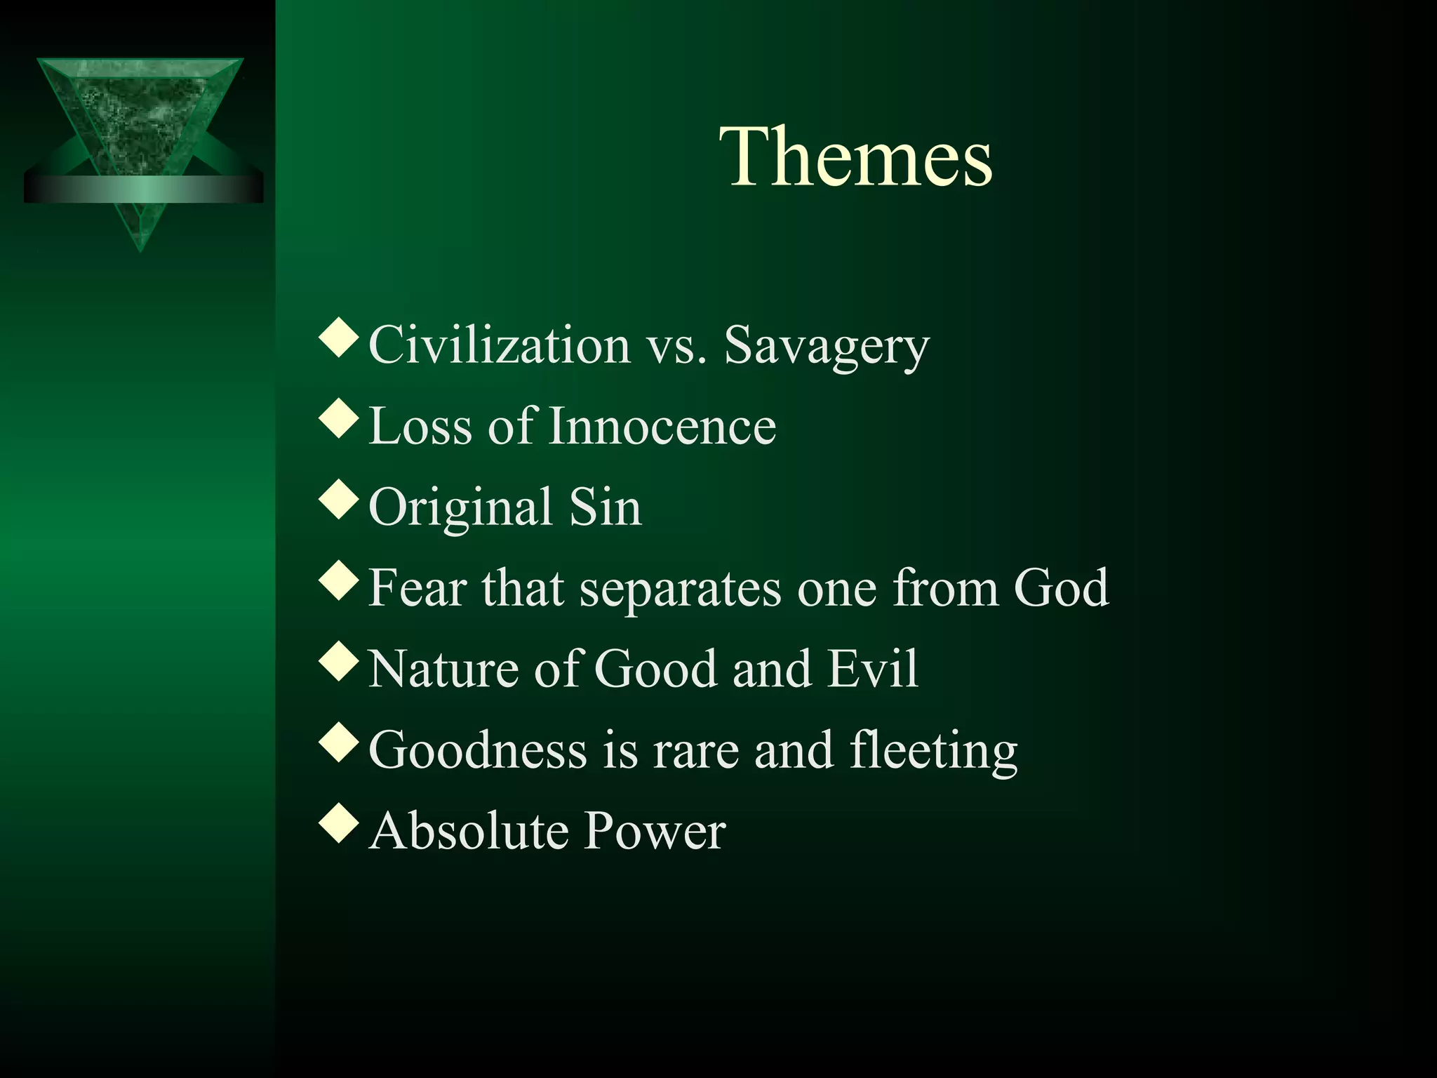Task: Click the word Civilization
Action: [x=500, y=345]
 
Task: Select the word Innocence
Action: [x=662, y=426]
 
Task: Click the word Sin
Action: [x=605, y=507]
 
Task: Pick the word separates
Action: [x=679, y=589]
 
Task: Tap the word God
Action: [x=1061, y=587]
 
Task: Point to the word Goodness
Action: [x=477, y=750]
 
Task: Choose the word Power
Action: [x=655, y=831]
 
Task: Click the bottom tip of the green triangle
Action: [x=140, y=248]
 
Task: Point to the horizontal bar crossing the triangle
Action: [x=143, y=189]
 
